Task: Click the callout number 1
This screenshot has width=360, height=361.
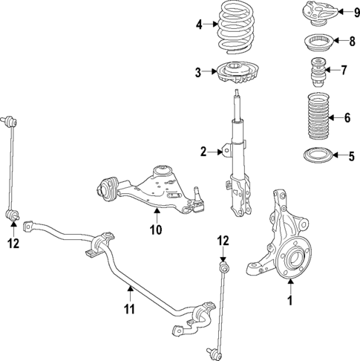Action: coord(290,301)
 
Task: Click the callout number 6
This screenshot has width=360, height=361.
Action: coord(347,117)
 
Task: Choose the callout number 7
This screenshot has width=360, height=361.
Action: coord(343,71)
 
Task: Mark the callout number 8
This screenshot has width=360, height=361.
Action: coord(352,41)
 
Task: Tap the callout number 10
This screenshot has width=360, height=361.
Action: coord(156,230)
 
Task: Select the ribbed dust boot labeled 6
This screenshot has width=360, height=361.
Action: coord(315,117)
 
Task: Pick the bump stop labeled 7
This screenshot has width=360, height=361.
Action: coord(315,73)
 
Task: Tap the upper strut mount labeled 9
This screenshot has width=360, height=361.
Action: coord(317,13)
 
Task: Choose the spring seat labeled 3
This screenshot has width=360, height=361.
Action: coord(238,74)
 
